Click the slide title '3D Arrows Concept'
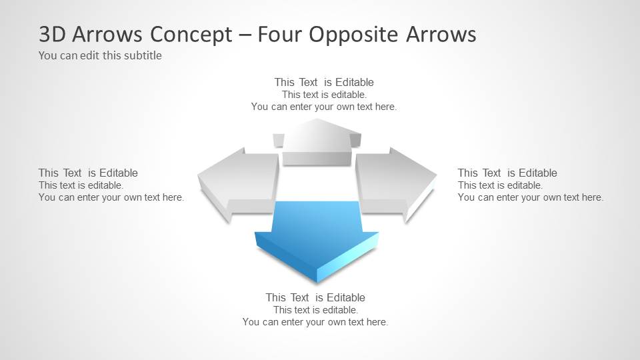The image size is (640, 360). tap(134, 34)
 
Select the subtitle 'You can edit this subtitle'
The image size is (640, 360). tap(100, 55)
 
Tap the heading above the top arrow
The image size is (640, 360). tap(324, 82)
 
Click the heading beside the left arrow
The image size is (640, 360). tap(88, 173)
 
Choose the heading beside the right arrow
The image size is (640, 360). tap(507, 173)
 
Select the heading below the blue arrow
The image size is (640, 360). tap(315, 297)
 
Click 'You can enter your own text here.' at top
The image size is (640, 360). tap(324, 107)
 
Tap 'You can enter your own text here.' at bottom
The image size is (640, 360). tap(315, 322)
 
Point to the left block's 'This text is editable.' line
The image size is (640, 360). tap(81, 185)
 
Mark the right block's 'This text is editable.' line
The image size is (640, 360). tap(500, 185)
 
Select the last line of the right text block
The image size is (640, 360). tap(530, 197)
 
